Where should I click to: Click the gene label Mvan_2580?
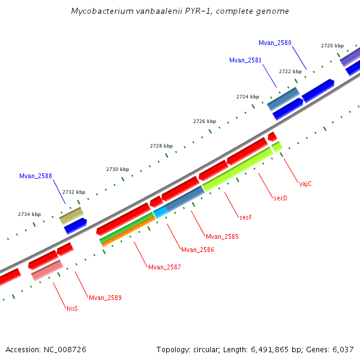(275, 43)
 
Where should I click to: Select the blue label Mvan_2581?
(245, 60)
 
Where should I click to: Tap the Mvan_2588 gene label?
(35, 176)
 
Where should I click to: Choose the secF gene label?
(245, 217)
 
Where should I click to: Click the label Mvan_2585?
(222, 236)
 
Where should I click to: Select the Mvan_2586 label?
(197, 250)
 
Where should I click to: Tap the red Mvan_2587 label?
(164, 266)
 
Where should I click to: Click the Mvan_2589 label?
(105, 298)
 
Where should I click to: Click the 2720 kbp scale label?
(332, 46)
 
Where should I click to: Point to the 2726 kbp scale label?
(204, 121)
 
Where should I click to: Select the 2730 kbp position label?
(118, 169)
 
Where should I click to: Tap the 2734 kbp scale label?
(29, 214)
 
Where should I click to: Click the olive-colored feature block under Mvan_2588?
(71, 215)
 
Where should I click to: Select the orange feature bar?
(127, 232)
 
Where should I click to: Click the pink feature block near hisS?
(47, 271)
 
